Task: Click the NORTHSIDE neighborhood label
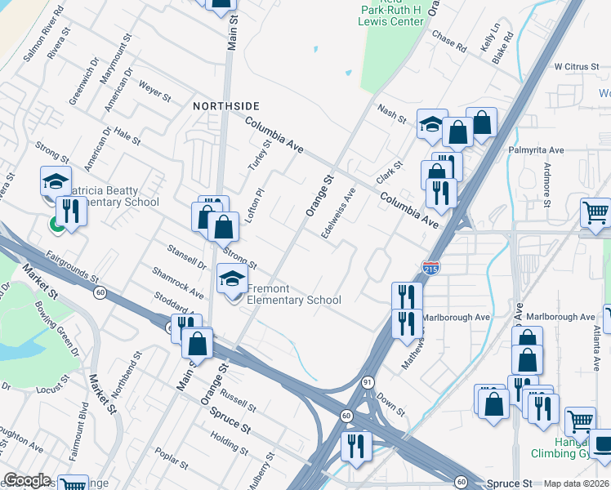click(226, 106)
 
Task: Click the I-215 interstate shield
click(430, 267)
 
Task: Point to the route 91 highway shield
click(368, 381)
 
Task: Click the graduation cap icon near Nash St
click(432, 124)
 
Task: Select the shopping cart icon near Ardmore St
click(595, 213)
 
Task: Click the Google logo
click(27, 480)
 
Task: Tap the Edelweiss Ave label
click(338, 214)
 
